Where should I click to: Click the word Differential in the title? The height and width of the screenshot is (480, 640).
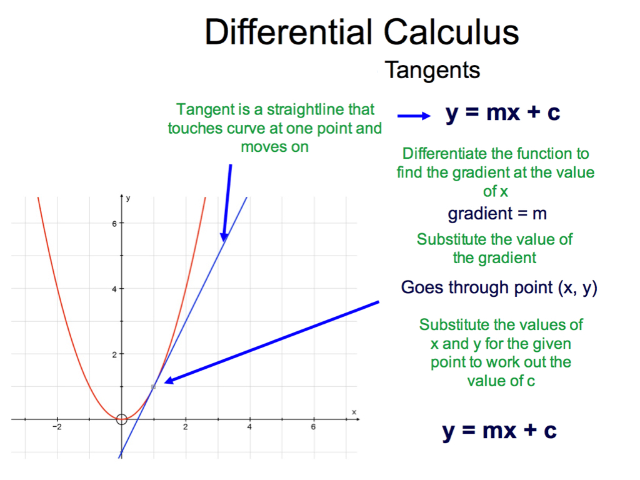288,32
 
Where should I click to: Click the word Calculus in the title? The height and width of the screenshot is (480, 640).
451,32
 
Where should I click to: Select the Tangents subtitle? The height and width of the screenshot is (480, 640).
432,70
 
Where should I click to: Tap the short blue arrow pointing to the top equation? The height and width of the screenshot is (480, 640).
414,116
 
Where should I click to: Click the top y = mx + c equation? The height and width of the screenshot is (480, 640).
503,112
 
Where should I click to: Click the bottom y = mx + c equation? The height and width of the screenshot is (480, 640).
499,431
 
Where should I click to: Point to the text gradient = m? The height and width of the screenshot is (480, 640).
497,214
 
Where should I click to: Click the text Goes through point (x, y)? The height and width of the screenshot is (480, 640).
499,287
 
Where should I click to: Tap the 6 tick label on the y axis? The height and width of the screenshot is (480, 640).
114,224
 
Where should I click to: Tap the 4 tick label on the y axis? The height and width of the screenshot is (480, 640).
114,289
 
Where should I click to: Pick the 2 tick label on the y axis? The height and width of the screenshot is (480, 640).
114,355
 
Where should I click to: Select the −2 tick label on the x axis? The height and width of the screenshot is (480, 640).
57,427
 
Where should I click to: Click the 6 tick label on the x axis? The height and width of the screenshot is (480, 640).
313,427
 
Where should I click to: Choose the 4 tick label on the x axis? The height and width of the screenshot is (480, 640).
249,427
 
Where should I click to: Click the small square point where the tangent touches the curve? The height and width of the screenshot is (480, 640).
154,386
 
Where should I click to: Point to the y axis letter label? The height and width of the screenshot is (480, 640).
128,198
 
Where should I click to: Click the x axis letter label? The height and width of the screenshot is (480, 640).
354,412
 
